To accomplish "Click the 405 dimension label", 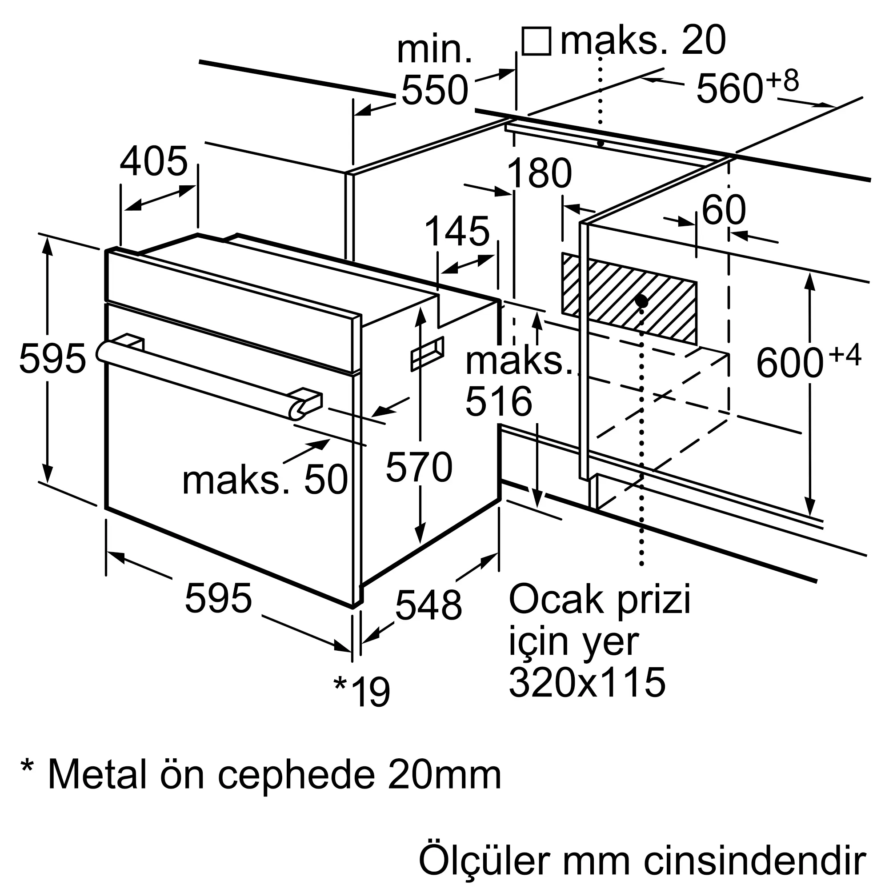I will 154,161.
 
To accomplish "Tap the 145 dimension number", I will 457,232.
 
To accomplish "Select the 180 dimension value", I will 539,173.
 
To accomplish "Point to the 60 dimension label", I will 723,210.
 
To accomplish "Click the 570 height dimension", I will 419,468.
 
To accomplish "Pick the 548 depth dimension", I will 428,605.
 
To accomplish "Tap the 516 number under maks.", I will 499,402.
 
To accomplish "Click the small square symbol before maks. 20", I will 537,41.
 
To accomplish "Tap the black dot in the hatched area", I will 641,301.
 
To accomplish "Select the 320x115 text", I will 587,682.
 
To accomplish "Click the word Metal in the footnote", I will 97,774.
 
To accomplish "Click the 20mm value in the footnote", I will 444,774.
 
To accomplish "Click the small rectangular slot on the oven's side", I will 428,353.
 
